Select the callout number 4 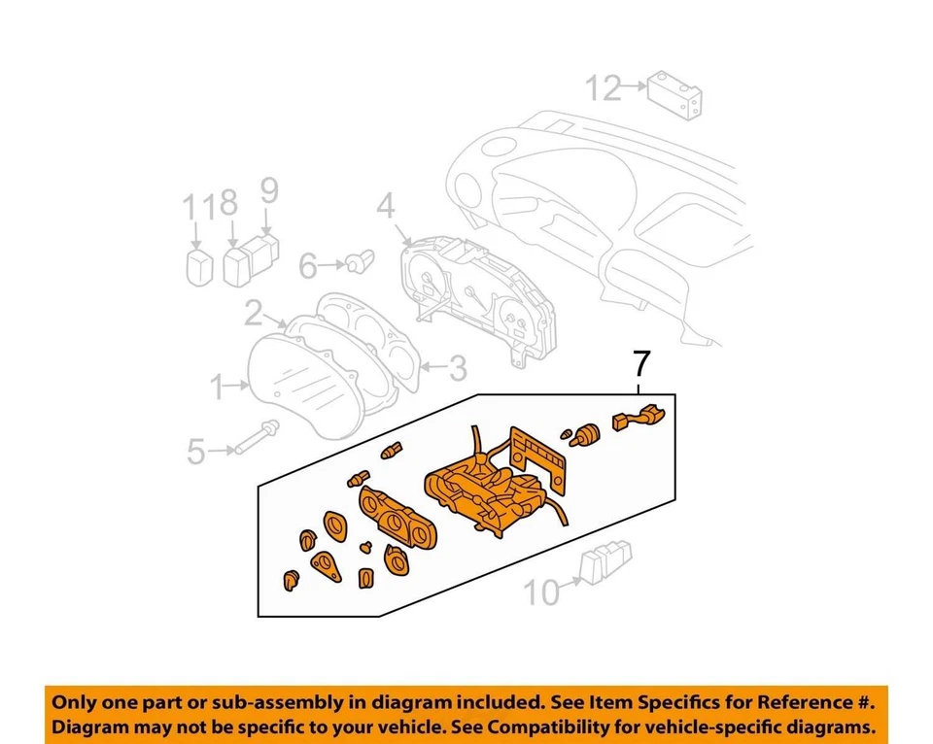tap(385, 206)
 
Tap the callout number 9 tap(268, 190)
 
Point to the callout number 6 tap(308, 264)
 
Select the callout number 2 tap(253, 313)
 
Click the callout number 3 tap(457, 368)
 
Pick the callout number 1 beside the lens tap(218, 389)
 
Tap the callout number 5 tap(196, 451)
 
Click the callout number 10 tap(544, 591)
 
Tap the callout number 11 tap(196, 206)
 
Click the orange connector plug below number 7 tap(638, 420)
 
